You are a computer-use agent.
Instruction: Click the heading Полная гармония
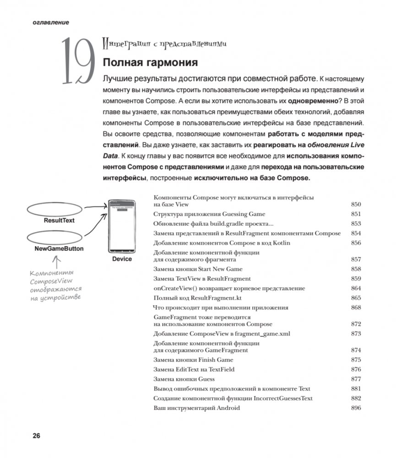point(150,62)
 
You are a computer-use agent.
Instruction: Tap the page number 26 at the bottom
point(36,435)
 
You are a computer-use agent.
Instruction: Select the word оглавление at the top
point(51,22)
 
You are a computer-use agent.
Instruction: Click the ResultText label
point(59,221)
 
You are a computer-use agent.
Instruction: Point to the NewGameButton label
point(59,249)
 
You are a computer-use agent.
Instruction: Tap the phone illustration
point(121,226)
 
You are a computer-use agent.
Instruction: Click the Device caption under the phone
point(121,259)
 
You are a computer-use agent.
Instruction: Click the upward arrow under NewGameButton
point(57,262)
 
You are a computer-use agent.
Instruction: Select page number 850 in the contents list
point(356,205)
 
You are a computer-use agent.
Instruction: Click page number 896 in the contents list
point(356,408)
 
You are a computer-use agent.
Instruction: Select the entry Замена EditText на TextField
point(194,369)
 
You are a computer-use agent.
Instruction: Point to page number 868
point(356,307)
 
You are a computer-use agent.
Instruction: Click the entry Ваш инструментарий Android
point(197,408)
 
